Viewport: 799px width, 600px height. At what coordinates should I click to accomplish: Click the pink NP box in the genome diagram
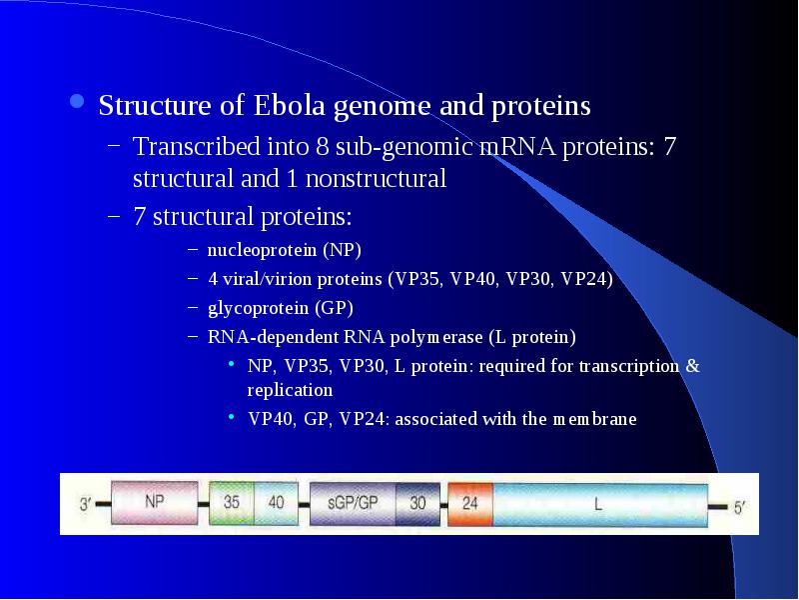coord(155,503)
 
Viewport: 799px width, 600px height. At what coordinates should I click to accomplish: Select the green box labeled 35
coord(232,504)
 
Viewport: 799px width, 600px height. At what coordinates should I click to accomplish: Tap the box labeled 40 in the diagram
coord(276,504)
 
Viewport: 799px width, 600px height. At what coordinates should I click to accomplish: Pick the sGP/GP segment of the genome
coord(353,504)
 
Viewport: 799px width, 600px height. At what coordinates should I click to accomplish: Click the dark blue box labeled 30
coord(417,504)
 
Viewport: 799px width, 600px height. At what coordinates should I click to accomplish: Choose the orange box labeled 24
coord(470,505)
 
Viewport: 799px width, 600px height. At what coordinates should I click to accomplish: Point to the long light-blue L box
coord(600,505)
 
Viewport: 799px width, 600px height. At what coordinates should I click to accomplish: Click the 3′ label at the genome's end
coord(85,504)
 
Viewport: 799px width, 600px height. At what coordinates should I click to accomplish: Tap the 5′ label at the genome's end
coord(739,508)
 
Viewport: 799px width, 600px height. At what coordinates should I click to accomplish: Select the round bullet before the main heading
coord(77,101)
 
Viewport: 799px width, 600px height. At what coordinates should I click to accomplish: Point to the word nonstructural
coord(377,179)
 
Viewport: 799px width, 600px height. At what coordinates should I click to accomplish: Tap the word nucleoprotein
coord(262,250)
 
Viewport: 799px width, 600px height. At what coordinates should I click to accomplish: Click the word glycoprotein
coord(258,309)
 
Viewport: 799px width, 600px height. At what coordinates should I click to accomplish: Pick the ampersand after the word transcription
coord(692,366)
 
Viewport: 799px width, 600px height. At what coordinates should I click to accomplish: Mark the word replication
coord(290,390)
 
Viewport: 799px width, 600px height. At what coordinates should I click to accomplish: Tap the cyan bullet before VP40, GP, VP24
coord(232,416)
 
